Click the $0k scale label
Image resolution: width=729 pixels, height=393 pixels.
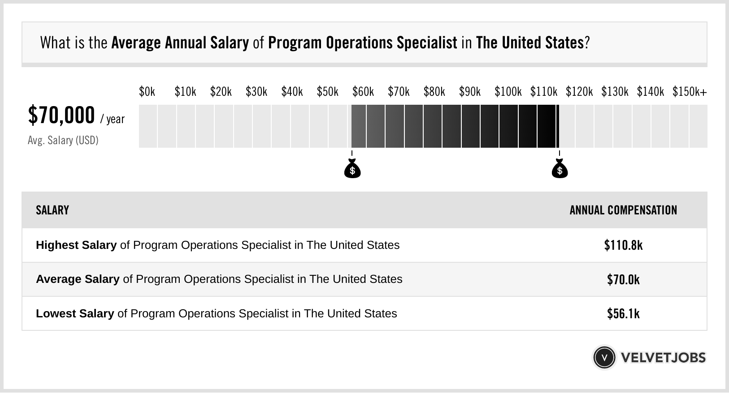(x=147, y=92)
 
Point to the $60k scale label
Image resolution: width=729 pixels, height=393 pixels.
(x=363, y=92)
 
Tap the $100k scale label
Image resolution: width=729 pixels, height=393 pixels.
(x=508, y=92)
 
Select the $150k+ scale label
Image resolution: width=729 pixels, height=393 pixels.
(x=689, y=92)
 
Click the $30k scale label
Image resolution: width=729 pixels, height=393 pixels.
(x=256, y=92)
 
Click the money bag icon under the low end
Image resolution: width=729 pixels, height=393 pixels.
(x=352, y=169)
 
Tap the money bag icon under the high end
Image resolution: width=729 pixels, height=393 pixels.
(x=560, y=169)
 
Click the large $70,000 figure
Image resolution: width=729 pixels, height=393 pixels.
(x=61, y=115)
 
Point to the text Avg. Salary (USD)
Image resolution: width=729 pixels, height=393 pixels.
(x=63, y=141)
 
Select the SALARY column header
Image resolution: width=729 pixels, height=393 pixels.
(x=52, y=210)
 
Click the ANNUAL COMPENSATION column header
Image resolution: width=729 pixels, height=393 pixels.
(x=623, y=210)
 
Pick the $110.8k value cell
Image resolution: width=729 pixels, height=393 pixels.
(x=623, y=245)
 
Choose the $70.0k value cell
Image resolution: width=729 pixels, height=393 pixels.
(x=623, y=280)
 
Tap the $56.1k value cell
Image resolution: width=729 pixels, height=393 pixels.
(x=623, y=314)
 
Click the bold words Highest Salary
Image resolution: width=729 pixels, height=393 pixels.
(x=76, y=245)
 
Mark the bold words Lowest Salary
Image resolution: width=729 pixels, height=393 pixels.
(x=75, y=314)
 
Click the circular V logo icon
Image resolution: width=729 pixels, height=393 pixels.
(x=604, y=358)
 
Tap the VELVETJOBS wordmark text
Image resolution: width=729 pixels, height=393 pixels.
(x=663, y=358)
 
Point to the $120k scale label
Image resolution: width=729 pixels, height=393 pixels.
(x=579, y=92)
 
